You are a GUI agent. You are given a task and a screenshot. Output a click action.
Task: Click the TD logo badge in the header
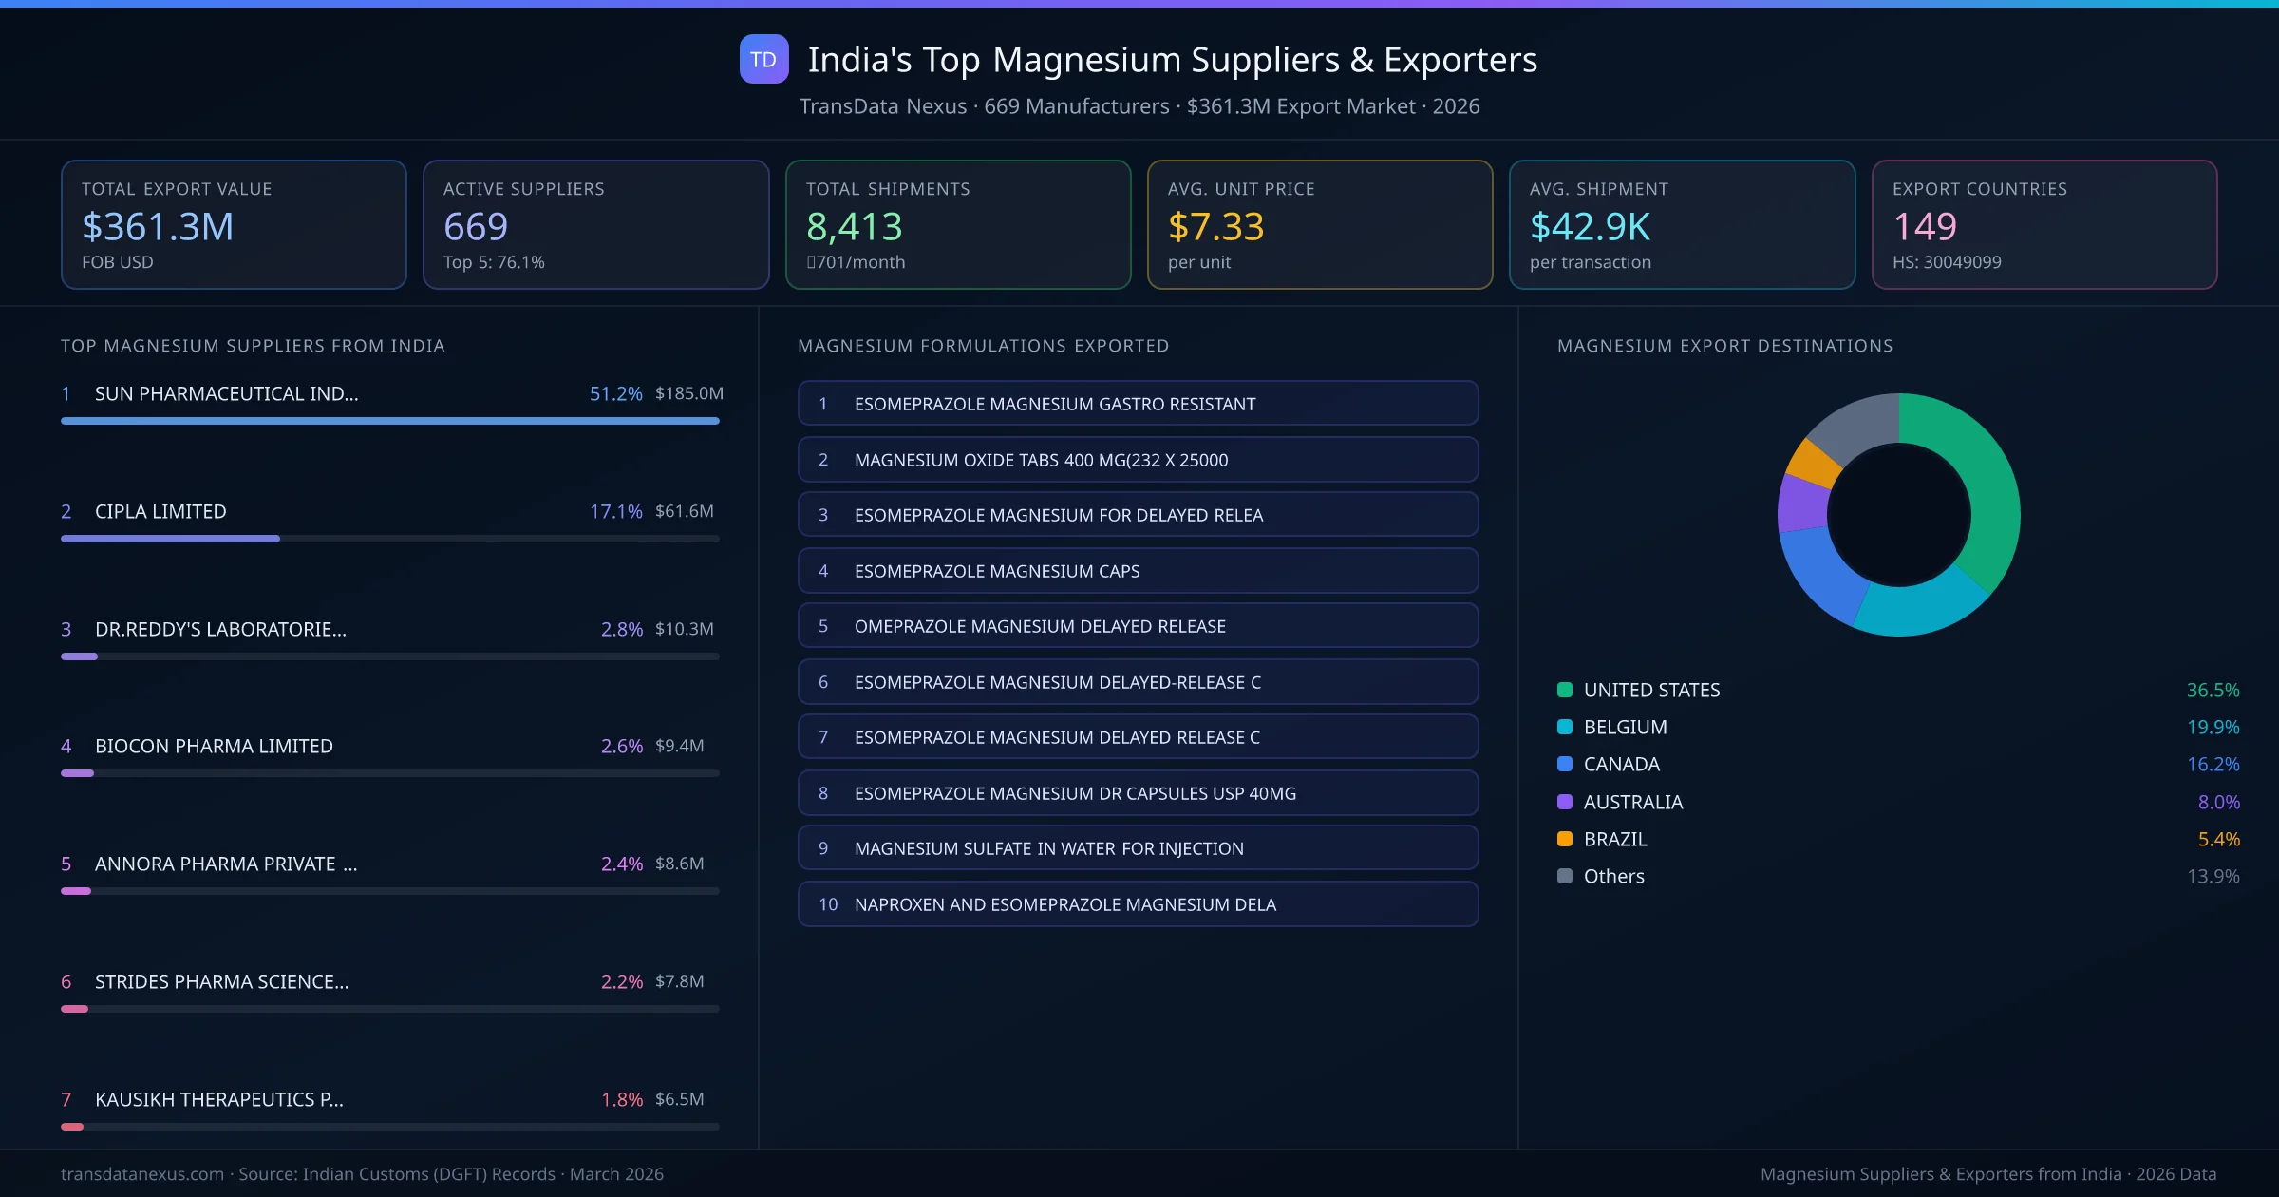point(763,59)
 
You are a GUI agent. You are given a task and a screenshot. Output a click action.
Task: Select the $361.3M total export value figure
point(158,227)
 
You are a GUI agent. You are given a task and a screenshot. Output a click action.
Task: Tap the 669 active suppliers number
point(476,227)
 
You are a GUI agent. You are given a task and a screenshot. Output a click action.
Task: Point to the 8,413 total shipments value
point(854,227)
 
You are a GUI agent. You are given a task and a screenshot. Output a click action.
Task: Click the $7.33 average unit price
point(1215,227)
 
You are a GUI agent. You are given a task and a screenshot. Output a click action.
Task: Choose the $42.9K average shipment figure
point(1590,227)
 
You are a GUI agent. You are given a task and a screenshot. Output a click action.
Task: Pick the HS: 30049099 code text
point(1946,262)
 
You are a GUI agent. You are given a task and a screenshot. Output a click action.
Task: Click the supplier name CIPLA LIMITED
point(160,511)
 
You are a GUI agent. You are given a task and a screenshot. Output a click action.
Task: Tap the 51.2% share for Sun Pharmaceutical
point(615,393)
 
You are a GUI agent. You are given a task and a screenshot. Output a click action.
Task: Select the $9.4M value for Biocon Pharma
point(679,746)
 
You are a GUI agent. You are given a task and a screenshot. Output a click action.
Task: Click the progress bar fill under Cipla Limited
point(171,539)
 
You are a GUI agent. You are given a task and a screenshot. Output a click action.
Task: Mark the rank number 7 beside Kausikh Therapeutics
point(66,1099)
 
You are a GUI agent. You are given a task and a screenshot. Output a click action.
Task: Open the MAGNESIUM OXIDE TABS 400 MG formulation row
point(1138,460)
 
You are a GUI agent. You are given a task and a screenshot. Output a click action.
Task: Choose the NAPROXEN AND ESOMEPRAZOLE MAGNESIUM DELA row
point(1138,904)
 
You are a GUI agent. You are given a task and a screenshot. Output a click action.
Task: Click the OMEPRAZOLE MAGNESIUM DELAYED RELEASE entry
point(1138,626)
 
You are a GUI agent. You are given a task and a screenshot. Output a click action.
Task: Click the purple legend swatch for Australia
point(1565,802)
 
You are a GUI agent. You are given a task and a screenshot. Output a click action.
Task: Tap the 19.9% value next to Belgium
point(2213,727)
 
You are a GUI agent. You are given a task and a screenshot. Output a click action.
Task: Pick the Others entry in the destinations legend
point(1613,876)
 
